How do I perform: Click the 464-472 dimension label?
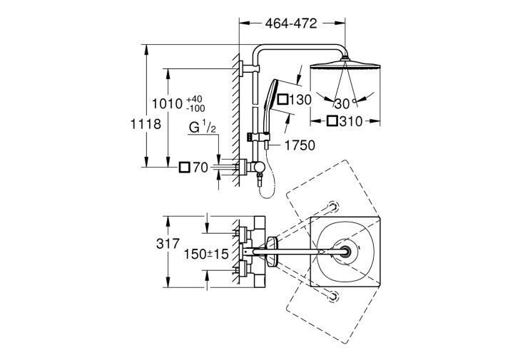tap(291, 24)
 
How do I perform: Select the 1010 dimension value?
tap(167, 103)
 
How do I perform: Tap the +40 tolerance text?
tap(194, 99)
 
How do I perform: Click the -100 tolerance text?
tap(195, 108)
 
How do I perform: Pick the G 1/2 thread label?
tap(203, 127)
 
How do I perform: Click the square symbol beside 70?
tap(185, 167)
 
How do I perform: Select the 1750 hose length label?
tap(300, 145)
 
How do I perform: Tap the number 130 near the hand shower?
tap(300, 100)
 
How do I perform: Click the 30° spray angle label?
tap(345, 103)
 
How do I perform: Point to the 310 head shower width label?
tap(351, 121)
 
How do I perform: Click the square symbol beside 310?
tap(332, 121)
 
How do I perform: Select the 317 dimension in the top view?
tap(168, 243)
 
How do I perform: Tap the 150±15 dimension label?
tap(206, 254)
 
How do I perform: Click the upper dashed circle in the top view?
tap(333, 207)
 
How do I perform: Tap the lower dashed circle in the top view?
tap(333, 296)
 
